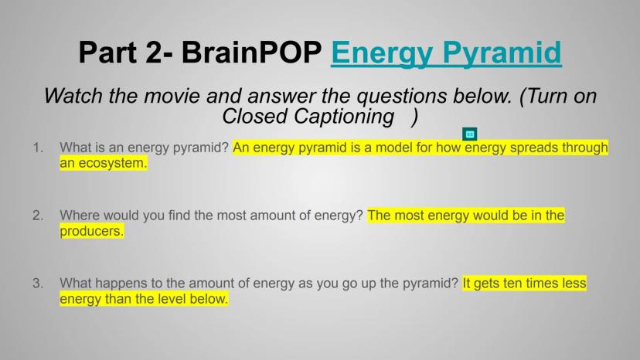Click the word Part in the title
point(107,53)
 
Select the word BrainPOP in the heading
point(251,53)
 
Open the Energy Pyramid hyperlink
point(446,53)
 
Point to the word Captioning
point(344,117)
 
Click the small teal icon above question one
point(470,134)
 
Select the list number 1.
point(38,148)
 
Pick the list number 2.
point(38,216)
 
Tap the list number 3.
point(38,284)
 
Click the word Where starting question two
point(80,215)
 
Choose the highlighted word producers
point(91,232)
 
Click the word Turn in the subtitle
point(548,96)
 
